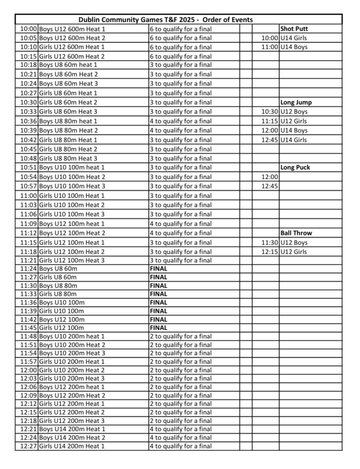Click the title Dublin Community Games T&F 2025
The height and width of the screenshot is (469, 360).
pos(165,19)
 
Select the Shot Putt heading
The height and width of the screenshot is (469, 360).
pos(294,28)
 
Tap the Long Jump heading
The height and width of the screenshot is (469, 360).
pos(295,102)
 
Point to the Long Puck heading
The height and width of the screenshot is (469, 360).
pos(295,167)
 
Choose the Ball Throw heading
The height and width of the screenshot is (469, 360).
pos(295,233)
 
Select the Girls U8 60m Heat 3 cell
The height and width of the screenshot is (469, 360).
pos(68,111)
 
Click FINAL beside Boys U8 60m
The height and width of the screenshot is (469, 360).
pos(158,268)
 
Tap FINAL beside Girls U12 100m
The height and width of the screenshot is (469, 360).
pos(158,328)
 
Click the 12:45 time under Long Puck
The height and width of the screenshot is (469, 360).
pos(269,186)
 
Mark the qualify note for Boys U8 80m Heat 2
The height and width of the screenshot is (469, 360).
pos(181,130)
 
